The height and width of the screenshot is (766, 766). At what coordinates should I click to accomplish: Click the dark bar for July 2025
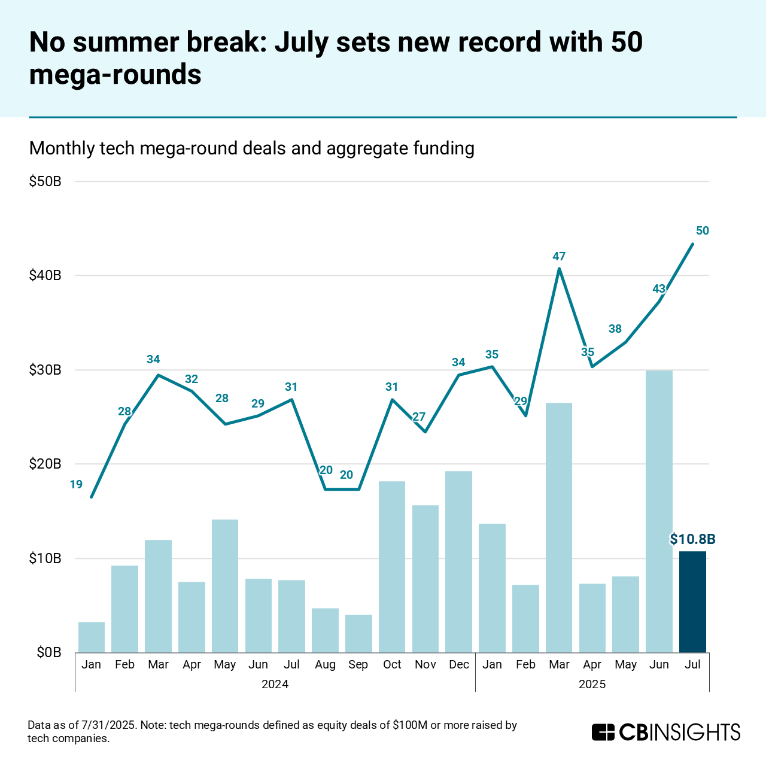(692, 601)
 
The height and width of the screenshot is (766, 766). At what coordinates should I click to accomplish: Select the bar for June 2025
(659, 512)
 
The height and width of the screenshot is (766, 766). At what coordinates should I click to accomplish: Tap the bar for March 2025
(559, 527)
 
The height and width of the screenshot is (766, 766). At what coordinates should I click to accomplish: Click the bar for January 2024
(92, 637)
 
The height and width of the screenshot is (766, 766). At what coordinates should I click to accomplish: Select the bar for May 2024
(225, 586)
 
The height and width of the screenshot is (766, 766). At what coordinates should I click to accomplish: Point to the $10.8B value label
(692, 540)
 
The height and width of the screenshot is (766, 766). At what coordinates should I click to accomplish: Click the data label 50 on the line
(703, 231)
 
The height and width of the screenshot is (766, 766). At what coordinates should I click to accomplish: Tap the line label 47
(559, 257)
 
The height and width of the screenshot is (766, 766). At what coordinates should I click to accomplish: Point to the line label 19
(76, 485)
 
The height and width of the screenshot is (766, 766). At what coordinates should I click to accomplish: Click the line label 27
(419, 417)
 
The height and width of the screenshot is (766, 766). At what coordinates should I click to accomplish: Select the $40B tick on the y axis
(45, 276)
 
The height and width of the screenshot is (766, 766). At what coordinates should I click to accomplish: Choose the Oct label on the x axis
(392, 665)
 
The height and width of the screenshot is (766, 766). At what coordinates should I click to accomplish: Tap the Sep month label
(358, 665)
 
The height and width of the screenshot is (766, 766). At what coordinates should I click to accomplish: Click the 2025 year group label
(592, 685)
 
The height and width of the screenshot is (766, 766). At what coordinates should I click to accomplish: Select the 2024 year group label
(275, 685)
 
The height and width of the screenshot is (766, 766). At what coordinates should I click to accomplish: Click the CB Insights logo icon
(603, 732)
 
